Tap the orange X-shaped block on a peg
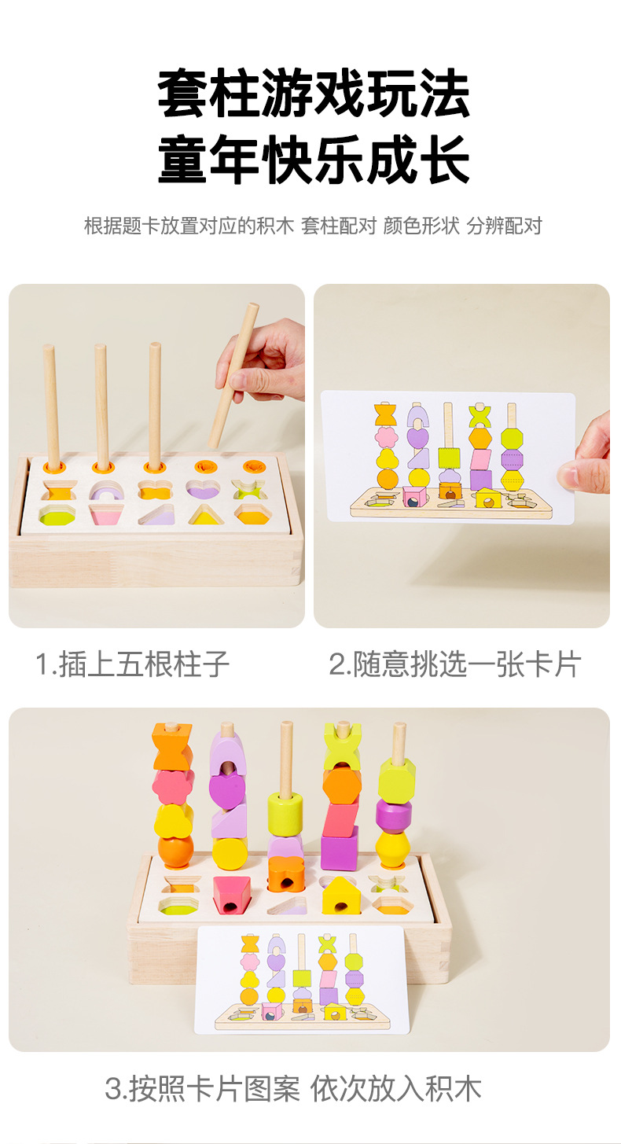pos(171,748)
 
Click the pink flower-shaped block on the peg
pos(173,787)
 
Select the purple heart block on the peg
pos(227,788)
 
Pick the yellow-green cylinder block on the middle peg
pos(285,813)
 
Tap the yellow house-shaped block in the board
pos(341,895)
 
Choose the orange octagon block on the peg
pos(342,785)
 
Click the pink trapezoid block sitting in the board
pos(231,894)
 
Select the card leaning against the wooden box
pos(303,979)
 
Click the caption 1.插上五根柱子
pos(133,664)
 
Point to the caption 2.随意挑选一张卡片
pos(454,664)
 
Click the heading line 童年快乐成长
pos(314,160)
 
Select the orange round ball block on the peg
pos(175,852)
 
